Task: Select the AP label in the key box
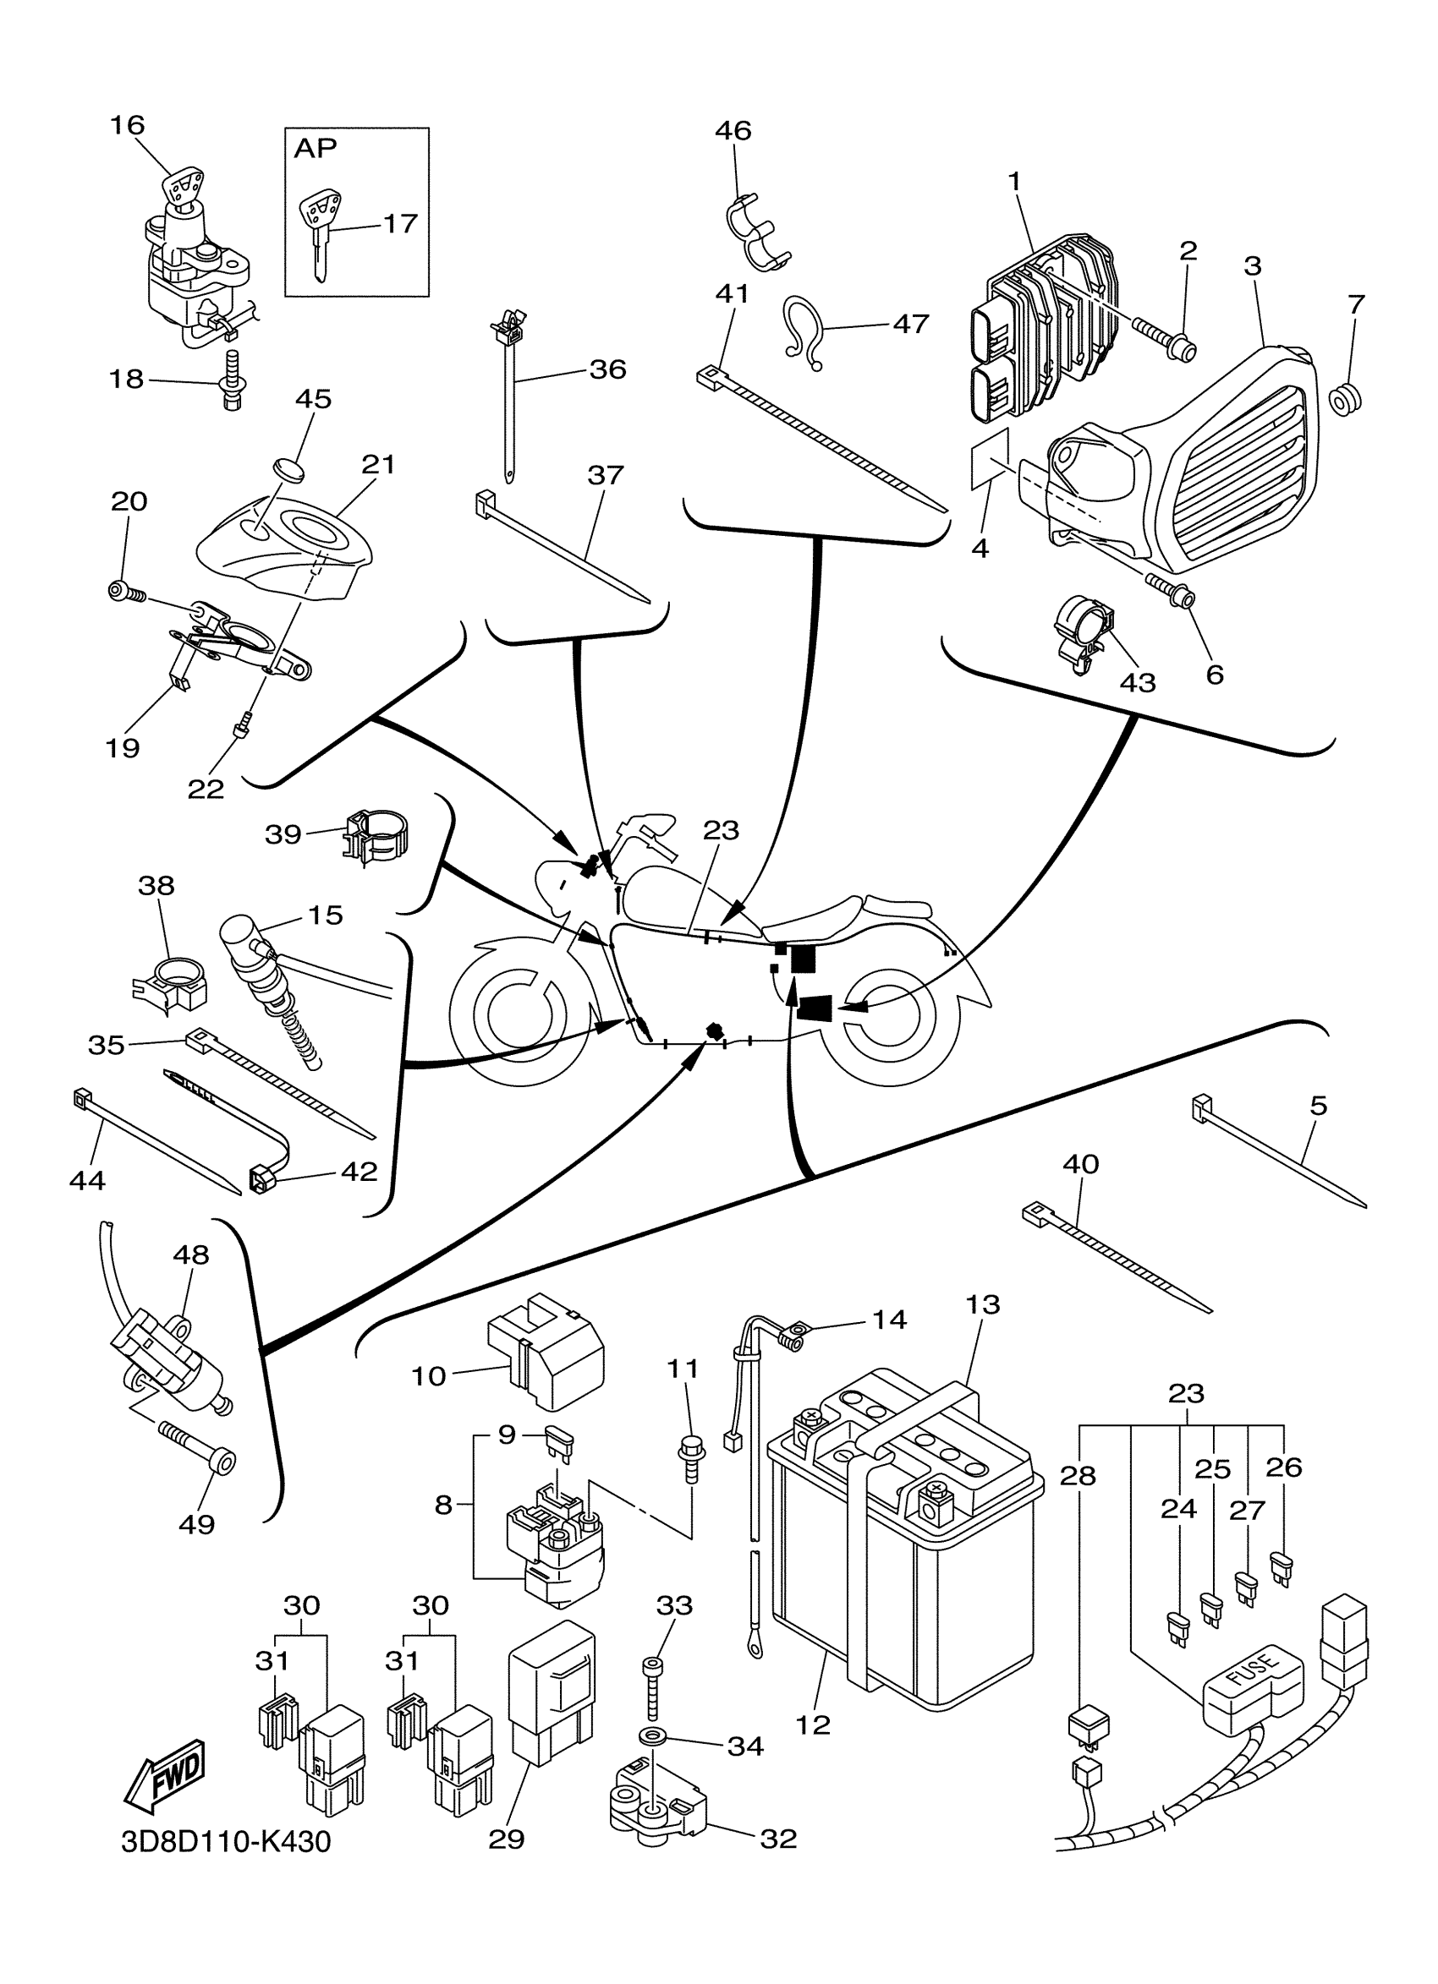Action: pyautogui.click(x=315, y=149)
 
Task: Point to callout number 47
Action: pyautogui.click(x=910, y=324)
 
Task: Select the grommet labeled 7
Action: pyautogui.click(x=1345, y=401)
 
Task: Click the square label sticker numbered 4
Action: pyautogui.click(x=989, y=459)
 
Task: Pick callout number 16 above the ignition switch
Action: pyautogui.click(x=127, y=125)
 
